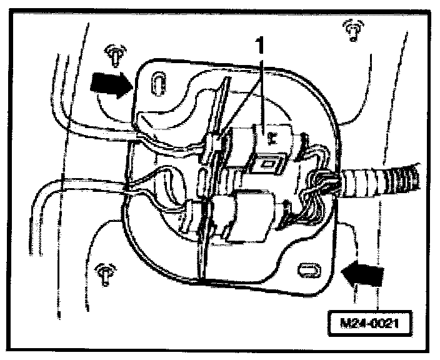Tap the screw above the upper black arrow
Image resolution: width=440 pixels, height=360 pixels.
[114, 55]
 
